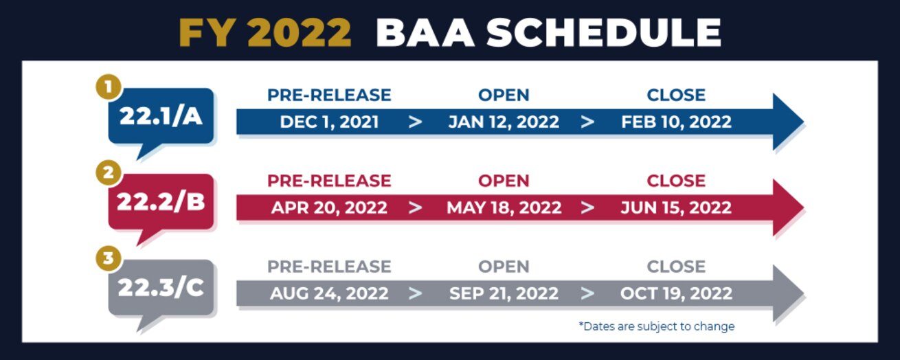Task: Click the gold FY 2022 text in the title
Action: pyautogui.click(x=265, y=33)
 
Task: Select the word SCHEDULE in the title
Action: pyautogui.click(x=605, y=33)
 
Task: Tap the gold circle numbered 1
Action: pyautogui.click(x=109, y=87)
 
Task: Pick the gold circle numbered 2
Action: pyautogui.click(x=109, y=172)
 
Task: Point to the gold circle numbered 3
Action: pyautogui.click(x=109, y=258)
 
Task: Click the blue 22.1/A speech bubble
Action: pyautogui.click(x=161, y=117)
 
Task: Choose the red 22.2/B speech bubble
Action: pyautogui.click(x=161, y=202)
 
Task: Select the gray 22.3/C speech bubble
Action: pyautogui.click(x=161, y=288)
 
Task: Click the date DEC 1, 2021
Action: pyautogui.click(x=330, y=122)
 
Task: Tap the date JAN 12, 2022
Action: pyautogui.click(x=504, y=122)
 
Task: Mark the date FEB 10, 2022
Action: pyautogui.click(x=676, y=122)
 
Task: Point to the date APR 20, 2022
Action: pyautogui.click(x=330, y=207)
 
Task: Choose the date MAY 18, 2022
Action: pyautogui.click(x=504, y=207)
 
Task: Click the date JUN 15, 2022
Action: pyautogui.click(x=676, y=207)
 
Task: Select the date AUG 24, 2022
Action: pyautogui.click(x=330, y=294)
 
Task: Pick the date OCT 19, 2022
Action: pyautogui.click(x=676, y=294)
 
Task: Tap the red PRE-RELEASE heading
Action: pyautogui.click(x=330, y=181)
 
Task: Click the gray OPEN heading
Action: pyautogui.click(x=504, y=267)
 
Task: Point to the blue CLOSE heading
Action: pyautogui.click(x=676, y=95)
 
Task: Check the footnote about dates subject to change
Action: pyautogui.click(x=657, y=326)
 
